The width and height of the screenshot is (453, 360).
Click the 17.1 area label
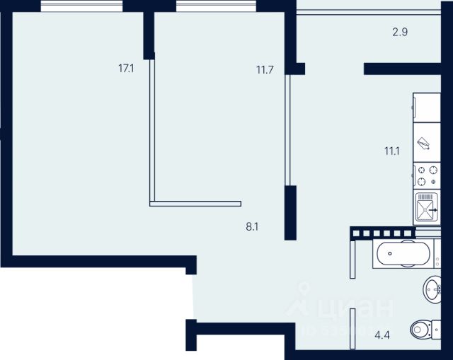click(127, 69)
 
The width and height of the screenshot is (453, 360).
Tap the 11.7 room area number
click(264, 69)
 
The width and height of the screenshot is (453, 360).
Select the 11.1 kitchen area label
click(392, 150)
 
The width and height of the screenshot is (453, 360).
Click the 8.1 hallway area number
click(252, 227)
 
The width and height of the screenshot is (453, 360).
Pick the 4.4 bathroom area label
click(383, 335)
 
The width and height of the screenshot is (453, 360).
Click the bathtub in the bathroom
click(401, 252)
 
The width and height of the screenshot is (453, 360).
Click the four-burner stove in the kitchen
click(426, 175)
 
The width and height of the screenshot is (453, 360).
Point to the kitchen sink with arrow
click(426, 208)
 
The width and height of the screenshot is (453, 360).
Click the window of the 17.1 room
click(81, 6)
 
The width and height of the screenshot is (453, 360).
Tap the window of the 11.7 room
click(215, 6)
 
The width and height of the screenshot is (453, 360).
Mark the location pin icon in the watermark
click(305, 291)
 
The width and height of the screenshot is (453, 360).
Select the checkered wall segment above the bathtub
click(383, 232)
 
